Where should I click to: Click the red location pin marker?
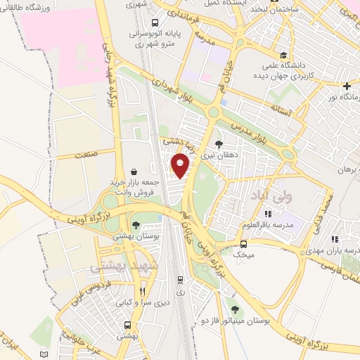[181, 166]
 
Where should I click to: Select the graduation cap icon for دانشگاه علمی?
[283, 56]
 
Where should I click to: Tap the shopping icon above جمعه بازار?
[134, 171]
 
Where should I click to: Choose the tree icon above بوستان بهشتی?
[136, 226]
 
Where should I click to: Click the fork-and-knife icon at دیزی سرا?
[143, 291]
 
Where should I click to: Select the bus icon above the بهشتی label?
[127, 325]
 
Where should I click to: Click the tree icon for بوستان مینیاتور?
[234, 309]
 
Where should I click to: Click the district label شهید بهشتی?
[113, 268]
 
